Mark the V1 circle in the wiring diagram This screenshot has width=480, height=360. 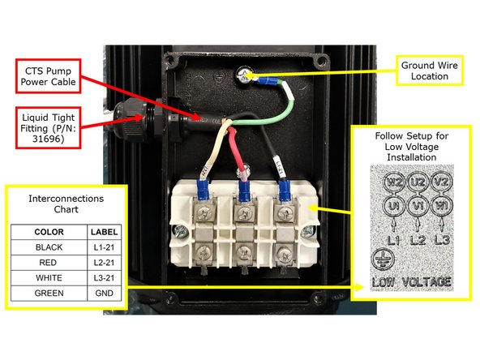(x=418, y=205)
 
